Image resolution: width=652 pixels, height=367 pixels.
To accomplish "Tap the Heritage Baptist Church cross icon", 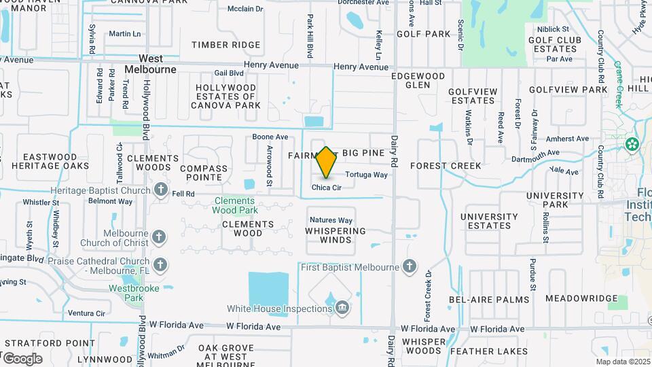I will pos(161,189).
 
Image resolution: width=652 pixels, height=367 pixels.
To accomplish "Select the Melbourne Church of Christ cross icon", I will pos(159,237).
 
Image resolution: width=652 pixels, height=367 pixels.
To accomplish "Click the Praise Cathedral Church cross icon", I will pos(160,264).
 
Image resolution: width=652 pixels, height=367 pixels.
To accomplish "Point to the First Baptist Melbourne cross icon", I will pos(410,267).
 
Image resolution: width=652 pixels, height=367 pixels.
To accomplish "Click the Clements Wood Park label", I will pos(234,205).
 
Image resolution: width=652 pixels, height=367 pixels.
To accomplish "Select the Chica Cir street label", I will pos(326,188).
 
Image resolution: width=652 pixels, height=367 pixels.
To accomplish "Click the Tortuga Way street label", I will pos(366,175).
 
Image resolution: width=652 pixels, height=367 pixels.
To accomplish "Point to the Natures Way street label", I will pos(331,220).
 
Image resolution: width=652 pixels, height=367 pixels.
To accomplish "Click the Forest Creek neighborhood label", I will pos(446,165).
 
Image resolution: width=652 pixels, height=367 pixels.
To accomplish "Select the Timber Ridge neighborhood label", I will pos(225,45).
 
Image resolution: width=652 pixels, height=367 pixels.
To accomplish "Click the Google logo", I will pos(22,358).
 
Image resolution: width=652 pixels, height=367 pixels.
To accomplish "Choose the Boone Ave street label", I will pos(270,137).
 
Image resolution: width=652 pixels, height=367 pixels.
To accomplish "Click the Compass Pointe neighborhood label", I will pos(204,173).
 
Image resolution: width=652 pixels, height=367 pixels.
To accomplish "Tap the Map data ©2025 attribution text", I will pos(622,362).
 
